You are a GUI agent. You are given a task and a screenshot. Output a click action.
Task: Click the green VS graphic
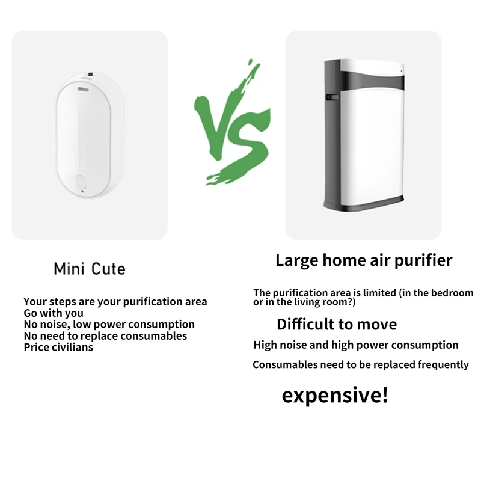(231, 123)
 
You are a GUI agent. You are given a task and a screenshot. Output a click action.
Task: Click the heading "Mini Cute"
(90, 268)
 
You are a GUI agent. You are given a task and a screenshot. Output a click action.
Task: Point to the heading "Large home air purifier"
(364, 260)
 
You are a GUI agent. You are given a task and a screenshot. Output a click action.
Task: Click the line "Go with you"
(54, 313)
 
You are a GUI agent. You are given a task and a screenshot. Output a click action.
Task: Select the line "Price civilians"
(58, 347)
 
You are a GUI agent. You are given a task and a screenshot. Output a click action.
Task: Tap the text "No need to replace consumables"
(105, 336)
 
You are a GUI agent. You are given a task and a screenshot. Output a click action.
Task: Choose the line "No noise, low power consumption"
(109, 325)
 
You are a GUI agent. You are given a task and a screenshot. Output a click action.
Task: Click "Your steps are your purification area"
(115, 302)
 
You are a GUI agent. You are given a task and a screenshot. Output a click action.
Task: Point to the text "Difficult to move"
(337, 325)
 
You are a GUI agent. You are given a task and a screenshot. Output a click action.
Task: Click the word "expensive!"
(335, 396)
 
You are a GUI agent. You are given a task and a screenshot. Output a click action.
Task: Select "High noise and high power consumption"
(356, 345)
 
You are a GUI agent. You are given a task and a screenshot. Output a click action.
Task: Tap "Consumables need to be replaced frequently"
(360, 365)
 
